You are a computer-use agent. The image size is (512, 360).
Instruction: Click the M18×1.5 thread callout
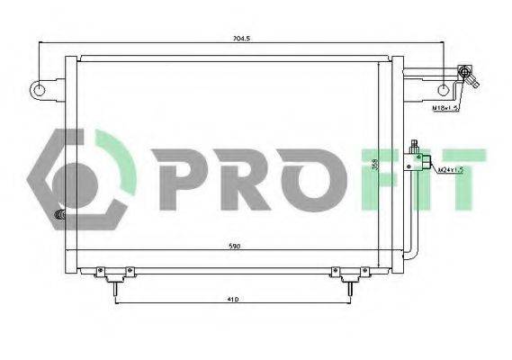point(444,108)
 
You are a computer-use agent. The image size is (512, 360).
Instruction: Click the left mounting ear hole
point(38,89)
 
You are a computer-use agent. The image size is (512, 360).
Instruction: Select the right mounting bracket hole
point(444,89)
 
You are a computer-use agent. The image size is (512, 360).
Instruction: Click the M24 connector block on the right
point(417,159)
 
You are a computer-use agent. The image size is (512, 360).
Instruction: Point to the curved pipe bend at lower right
point(410,255)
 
